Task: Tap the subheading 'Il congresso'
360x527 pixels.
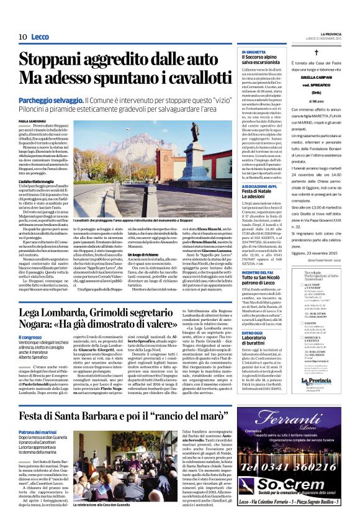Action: pyautogui.click(x=29, y=336)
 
